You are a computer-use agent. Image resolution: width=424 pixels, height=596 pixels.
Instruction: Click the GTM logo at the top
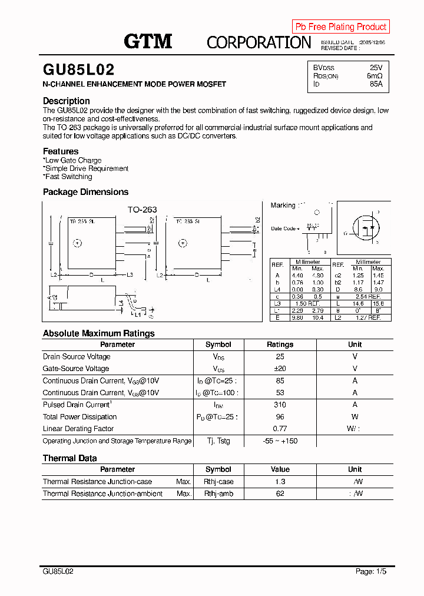(148, 41)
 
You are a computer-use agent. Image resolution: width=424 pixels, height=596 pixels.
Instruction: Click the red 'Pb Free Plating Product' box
(340, 27)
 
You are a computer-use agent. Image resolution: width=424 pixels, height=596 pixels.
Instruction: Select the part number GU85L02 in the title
(78, 70)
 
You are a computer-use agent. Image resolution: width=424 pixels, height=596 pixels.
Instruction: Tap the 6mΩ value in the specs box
(374, 76)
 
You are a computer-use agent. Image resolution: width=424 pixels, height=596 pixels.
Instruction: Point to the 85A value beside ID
(376, 84)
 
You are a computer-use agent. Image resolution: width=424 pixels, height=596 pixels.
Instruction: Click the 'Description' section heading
(66, 101)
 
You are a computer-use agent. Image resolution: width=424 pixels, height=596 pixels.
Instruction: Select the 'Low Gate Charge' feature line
(72, 160)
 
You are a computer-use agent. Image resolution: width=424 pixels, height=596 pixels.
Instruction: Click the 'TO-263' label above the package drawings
(142, 209)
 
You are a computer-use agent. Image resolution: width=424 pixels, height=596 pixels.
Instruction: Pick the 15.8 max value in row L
(377, 303)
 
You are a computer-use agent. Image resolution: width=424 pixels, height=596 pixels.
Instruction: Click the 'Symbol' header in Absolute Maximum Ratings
(218, 345)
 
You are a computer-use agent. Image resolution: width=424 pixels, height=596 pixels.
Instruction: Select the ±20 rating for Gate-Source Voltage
(280, 369)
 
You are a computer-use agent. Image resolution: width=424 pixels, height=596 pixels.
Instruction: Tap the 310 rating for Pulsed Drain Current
(280, 405)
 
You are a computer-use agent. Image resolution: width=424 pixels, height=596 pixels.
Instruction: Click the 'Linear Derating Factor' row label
(78, 429)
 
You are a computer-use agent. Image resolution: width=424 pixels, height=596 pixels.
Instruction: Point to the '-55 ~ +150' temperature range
(280, 441)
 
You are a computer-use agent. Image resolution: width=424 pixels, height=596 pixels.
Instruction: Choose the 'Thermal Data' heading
(69, 458)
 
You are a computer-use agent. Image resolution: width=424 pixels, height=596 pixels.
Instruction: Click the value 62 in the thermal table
(280, 494)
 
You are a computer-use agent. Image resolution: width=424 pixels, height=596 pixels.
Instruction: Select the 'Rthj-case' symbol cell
(218, 482)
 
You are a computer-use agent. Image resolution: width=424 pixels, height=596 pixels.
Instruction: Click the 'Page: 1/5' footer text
(371, 571)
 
